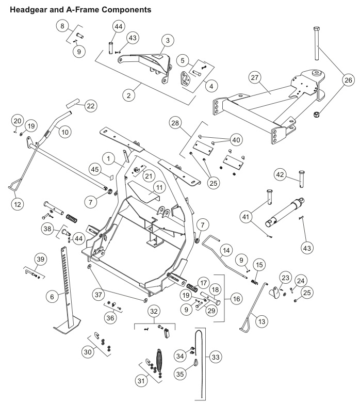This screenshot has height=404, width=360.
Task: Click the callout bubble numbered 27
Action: tap(255, 77)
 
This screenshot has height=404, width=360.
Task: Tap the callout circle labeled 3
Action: tap(168, 40)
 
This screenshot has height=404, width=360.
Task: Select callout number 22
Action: tap(91, 106)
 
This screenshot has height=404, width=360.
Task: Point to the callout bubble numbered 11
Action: tap(159, 187)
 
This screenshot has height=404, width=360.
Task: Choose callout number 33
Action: tap(216, 357)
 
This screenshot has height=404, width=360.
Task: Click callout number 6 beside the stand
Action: tap(52, 297)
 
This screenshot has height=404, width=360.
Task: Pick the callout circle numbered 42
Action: tap(280, 175)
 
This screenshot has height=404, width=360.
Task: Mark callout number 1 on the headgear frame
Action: tap(108, 158)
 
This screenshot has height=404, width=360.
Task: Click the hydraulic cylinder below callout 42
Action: tap(285, 212)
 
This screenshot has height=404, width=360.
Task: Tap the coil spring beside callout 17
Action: tap(192, 287)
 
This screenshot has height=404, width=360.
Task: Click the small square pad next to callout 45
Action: tap(111, 177)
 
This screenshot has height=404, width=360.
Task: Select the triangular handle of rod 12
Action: tap(14, 188)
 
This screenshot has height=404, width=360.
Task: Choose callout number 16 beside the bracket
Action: tap(236, 299)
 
